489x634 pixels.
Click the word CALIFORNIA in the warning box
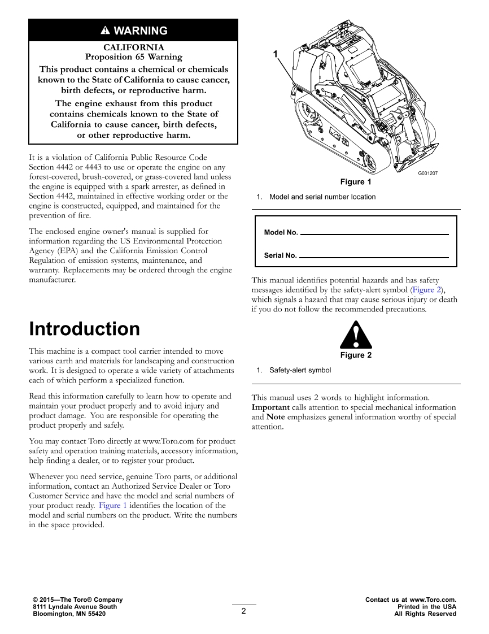click(134, 47)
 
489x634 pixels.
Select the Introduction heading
click(84, 329)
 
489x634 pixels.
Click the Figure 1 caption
click(356, 182)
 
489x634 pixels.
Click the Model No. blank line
click(374, 233)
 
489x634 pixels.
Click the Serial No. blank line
click(374, 257)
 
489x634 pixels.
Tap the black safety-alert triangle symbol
click(356, 335)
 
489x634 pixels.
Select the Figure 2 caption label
click(356, 355)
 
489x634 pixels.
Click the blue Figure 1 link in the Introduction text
click(113, 506)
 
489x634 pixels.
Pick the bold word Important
click(270, 407)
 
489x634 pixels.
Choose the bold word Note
click(276, 417)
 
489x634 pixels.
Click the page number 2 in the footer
click(243, 610)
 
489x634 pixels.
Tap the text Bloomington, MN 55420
click(69, 614)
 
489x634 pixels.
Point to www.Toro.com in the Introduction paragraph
click(165, 441)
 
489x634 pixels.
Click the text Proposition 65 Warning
click(134, 57)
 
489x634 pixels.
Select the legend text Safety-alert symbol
click(300, 371)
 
